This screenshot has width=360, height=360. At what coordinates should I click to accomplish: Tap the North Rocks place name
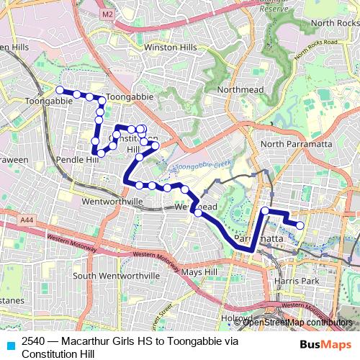330,23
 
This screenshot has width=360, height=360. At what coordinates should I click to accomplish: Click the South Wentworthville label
116,276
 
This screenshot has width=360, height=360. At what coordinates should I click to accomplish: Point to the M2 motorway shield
108,14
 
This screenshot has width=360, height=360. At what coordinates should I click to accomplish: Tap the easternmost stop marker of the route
300,226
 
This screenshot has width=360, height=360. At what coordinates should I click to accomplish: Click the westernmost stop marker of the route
60,90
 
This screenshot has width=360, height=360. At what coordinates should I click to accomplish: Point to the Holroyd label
235,317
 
